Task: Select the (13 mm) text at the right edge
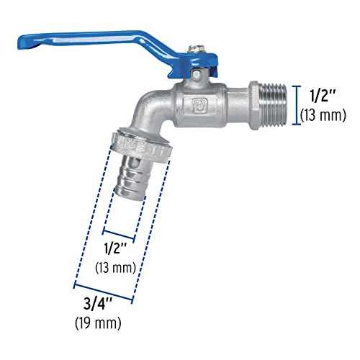tap(323, 114)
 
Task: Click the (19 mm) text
tap(98, 322)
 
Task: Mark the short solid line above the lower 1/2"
tap(119, 235)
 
